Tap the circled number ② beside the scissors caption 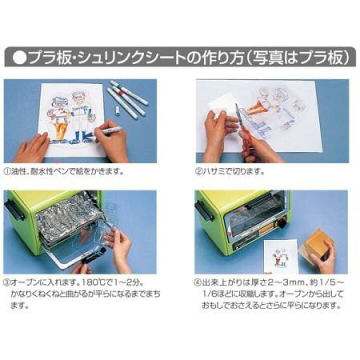pyautogui.click(x=199, y=170)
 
